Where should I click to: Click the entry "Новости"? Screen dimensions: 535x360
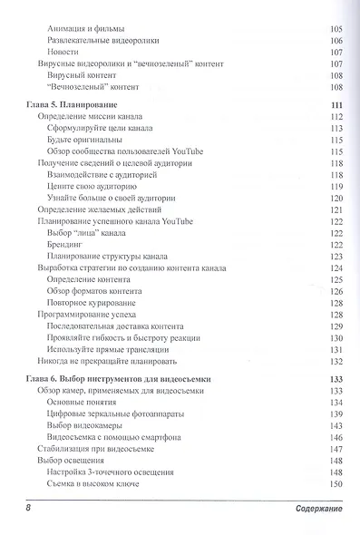pos(63,53)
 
